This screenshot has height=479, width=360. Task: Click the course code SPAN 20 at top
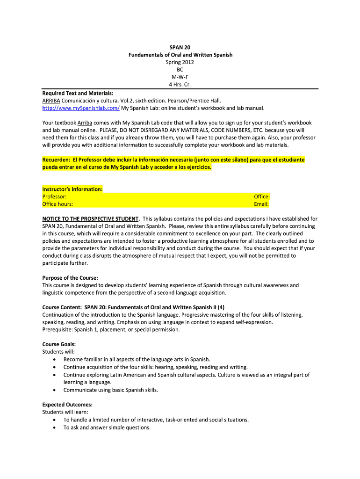(x=180, y=47)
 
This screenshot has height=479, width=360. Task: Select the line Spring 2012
(x=180, y=62)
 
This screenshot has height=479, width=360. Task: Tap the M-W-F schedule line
(x=180, y=77)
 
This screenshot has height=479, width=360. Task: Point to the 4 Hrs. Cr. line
(x=180, y=85)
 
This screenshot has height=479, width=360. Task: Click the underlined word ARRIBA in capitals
(x=51, y=101)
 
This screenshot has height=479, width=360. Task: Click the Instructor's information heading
(x=72, y=189)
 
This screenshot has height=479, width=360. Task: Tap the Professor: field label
(x=54, y=196)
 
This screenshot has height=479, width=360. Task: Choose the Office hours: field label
(x=58, y=204)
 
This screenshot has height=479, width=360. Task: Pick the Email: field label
(x=261, y=204)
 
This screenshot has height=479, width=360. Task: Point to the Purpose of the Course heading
(x=70, y=277)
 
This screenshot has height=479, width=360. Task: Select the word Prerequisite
(x=58, y=329)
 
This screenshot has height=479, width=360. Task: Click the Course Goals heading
(x=59, y=344)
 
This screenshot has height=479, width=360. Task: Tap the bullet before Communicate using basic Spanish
(x=55, y=390)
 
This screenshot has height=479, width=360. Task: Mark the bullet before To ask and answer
(x=55, y=427)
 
